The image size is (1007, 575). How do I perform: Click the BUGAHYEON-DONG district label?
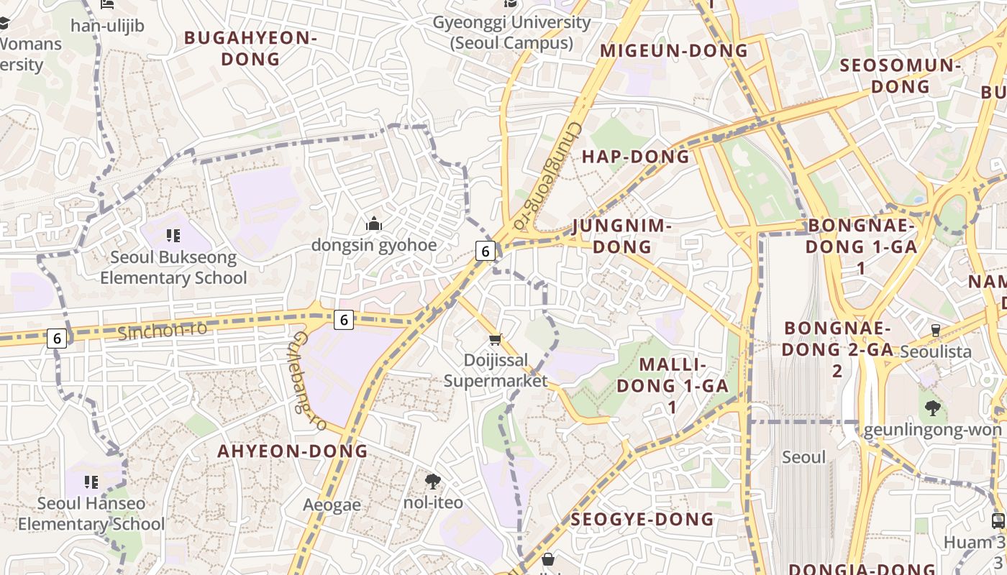click(250, 48)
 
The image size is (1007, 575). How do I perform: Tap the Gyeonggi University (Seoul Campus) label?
click(511, 32)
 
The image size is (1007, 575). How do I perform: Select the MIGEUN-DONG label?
click(674, 50)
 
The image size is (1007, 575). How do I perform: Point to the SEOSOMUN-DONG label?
click(901, 75)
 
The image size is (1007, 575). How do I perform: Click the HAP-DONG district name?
click(635, 157)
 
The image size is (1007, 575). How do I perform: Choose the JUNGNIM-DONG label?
click(622, 236)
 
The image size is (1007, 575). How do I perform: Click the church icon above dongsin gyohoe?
click(373, 224)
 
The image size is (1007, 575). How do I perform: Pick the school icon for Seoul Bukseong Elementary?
click(173, 235)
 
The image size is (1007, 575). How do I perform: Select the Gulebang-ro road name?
click(309, 382)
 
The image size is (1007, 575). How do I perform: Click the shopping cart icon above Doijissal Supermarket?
click(495, 339)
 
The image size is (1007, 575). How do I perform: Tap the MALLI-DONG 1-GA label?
click(673, 385)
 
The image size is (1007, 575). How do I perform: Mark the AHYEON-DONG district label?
click(293, 451)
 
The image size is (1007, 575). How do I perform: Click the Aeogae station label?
click(332, 505)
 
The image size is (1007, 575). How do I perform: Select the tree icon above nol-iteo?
click(433, 481)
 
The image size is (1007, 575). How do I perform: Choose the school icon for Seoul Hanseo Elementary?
click(91, 482)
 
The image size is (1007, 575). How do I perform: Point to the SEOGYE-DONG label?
click(642, 519)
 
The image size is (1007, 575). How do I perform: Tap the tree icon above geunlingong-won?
click(933, 408)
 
